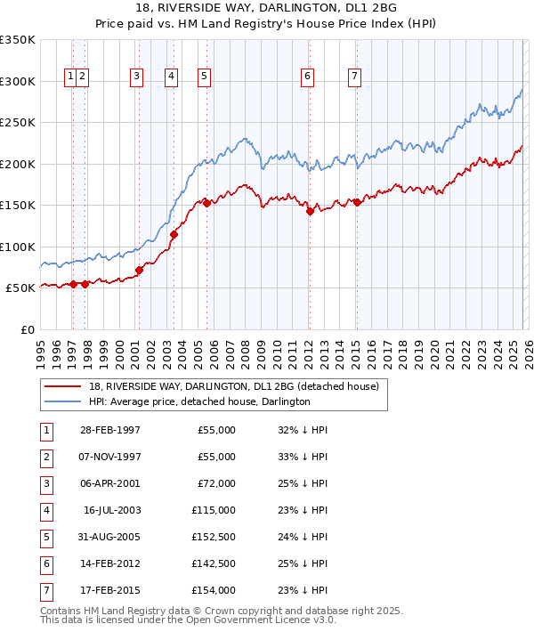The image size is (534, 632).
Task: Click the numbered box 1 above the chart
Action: click(x=69, y=77)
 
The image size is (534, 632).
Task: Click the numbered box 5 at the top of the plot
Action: click(x=205, y=77)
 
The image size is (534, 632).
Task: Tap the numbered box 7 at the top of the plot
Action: click(x=354, y=77)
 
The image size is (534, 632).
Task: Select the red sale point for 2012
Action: click(x=310, y=212)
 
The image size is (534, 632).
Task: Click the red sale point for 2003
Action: click(x=174, y=234)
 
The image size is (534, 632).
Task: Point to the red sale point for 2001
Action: click(x=139, y=270)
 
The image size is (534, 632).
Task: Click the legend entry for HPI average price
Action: click(x=198, y=402)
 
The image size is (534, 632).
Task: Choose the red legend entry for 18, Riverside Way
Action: click(x=234, y=386)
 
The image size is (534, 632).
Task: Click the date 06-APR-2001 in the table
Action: click(x=109, y=482)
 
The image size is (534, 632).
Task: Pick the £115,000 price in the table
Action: click(x=214, y=510)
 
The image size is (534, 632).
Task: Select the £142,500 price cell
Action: click(x=214, y=563)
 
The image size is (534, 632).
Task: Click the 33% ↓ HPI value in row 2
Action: click(x=303, y=457)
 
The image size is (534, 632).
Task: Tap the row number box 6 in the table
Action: click(x=44, y=563)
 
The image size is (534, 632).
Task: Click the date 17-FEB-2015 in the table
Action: click(x=109, y=590)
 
